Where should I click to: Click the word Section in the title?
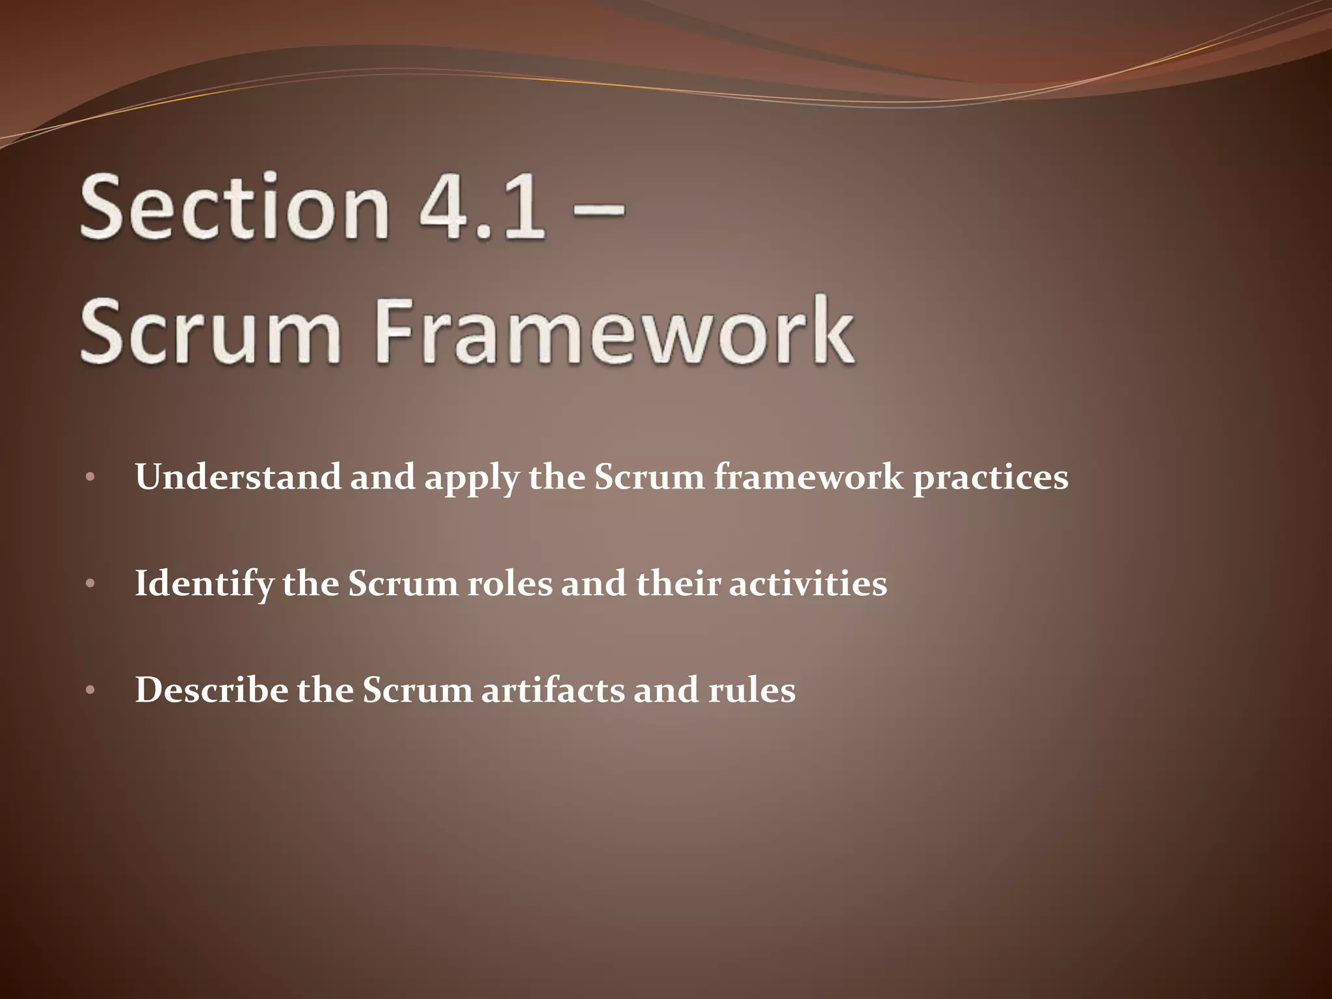[x=234, y=207]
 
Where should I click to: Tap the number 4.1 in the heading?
[x=481, y=207]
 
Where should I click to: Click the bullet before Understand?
[x=90, y=478]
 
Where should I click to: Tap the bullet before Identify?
[x=90, y=584]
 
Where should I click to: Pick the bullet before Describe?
[x=90, y=690]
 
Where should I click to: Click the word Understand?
[x=237, y=477]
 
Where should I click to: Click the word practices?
[x=990, y=479]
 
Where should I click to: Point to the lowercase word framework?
[x=809, y=477]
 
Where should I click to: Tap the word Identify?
[x=204, y=583]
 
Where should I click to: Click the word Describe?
[x=211, y=689]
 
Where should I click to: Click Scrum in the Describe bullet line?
[x=417, y=689]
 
